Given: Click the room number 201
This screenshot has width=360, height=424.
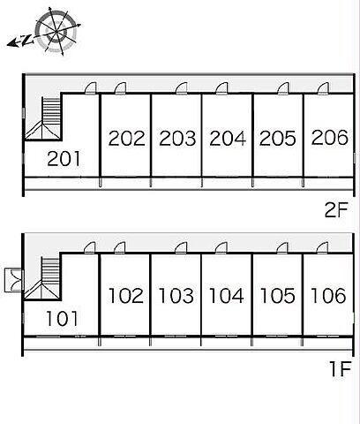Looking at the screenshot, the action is (x=64, y=158).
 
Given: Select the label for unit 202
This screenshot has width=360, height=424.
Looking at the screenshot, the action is (x=127, y=138).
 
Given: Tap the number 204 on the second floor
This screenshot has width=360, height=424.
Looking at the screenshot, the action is (x=228, y=138).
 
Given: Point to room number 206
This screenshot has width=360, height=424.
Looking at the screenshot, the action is (x=330, y=137).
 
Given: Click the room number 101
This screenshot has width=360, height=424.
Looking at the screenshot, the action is (x=62, y=318).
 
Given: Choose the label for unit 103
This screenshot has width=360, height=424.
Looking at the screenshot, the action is (x=176, y=295).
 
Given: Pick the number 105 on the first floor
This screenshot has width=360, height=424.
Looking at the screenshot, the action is (x=278, y=295).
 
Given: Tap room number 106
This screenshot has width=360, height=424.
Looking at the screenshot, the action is (x=328, y=295).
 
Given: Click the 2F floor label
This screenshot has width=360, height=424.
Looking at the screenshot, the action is (x=336, y=209).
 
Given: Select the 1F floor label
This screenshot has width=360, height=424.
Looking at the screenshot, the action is (x=341, y=369).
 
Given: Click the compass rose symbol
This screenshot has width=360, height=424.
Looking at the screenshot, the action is (x=56, y=31).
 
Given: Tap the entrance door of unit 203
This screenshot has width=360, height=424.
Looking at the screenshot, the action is (x=182, y=88).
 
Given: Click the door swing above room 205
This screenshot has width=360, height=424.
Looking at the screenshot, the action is (x=283, y=88).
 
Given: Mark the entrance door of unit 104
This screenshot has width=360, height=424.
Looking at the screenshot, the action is (x=221, y=248).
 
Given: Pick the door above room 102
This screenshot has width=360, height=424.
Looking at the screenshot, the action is (x=120, y=247).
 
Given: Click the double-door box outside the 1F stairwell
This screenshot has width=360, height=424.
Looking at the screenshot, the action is (x=14, y=280).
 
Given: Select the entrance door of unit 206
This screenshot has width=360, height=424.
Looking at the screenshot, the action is (x=323, y=88).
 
